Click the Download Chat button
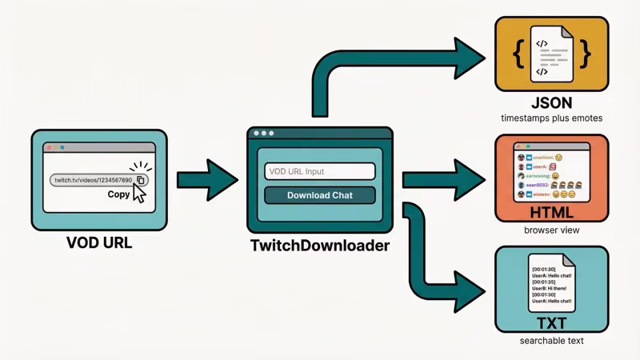click(319, 195)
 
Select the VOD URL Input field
click(319, 171)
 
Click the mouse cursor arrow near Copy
click(140, 194)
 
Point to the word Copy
click(118, 194)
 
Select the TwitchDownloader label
click(318, 246)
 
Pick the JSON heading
click(551, 104)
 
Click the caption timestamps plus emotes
click(551, 119)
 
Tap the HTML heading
click(551, 213)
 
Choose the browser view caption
click(551, 230)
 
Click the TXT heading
click(551, 322)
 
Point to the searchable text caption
click(551, 341)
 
